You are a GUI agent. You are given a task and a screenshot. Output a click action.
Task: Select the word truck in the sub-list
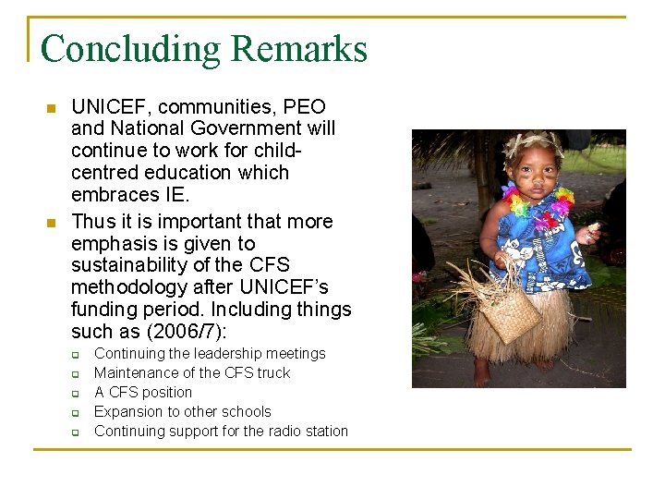coord(272,373)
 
